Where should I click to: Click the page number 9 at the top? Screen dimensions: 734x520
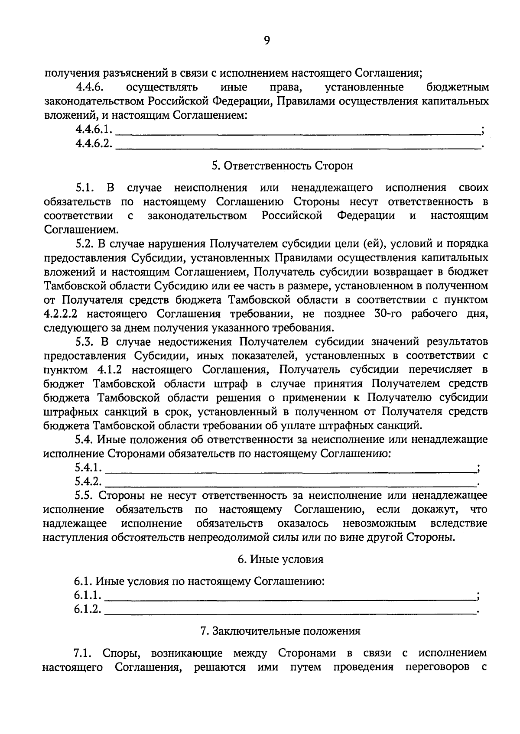click(x=266, y=41)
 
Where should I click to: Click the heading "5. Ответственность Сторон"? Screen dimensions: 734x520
click(x=282, y=166)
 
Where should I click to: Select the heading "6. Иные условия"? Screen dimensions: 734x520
click(x=280, y=559)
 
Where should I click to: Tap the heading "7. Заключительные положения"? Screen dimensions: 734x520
click(x=280, y=631)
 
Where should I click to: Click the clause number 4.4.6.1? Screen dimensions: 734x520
click(x=94, y=129)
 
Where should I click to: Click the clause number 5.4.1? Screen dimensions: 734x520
click(x=88, y=468)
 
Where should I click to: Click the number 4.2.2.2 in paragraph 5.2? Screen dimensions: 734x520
click(x=61, y=314)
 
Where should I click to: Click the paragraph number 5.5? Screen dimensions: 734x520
click(x=84, y=495)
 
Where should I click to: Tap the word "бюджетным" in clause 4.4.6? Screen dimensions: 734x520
click(x=458, y=88)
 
